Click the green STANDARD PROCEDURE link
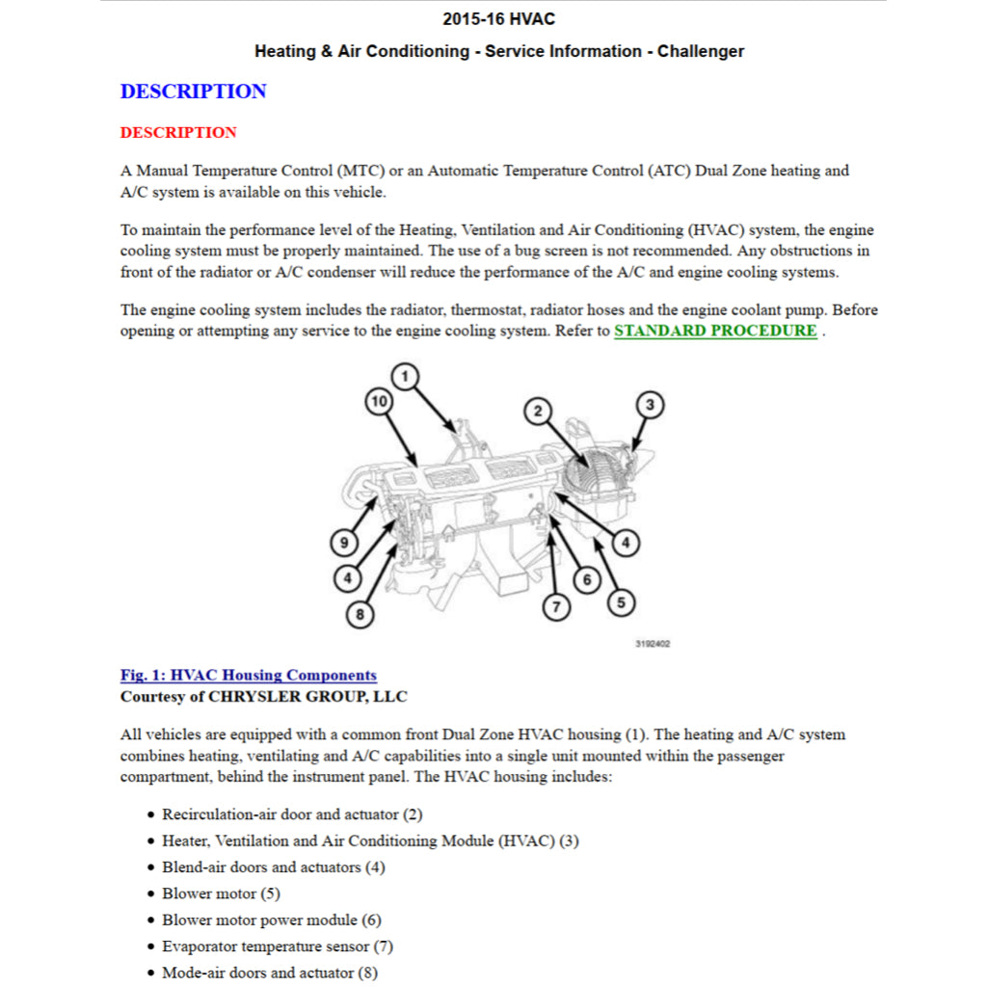715,331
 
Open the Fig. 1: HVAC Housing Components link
248,675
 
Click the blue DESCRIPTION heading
193,92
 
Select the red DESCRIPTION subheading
178,132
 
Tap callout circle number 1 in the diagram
407,376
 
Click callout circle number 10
380,401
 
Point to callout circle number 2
538,412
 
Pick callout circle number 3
650,404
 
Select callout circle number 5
620,602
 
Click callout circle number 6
586,579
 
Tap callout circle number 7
555,606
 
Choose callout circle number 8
360,613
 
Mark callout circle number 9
344,544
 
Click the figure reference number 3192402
653,644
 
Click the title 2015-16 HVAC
498,19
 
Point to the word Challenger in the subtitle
700,51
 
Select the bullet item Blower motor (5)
221,894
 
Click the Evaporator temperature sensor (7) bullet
277,947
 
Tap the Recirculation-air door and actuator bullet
291,814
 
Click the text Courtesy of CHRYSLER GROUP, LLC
263,696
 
